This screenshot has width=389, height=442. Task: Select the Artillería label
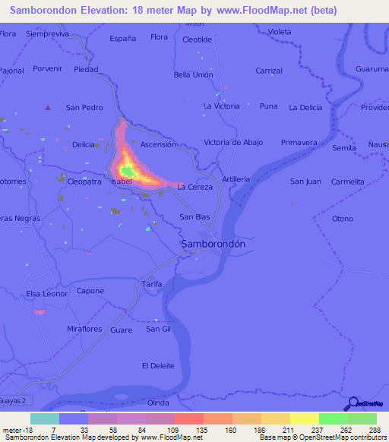pyautogui.click(x=236, y=178)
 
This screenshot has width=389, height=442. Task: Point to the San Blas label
pyautogui.click(x=194, y=217)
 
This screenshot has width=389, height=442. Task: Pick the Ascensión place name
pyautogui.click(x=158, y=144)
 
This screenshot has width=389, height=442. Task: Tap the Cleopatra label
pyautogui.click(x=84, y=182)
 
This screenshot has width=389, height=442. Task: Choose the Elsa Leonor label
pyautogui.click(x=47, y=294)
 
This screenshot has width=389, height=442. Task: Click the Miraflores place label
pyautogui.click(x=84, y=328)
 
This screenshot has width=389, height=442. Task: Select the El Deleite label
pyautogui.click(x=158, y=365)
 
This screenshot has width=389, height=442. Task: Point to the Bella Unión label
pyautogui.click(x=193, y=74)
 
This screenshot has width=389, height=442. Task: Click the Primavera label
pyautogui.click(x=299, y=142)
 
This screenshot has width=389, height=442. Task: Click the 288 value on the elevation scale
pyautogui.click(x=374, y=430)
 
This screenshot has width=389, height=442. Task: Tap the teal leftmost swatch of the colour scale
pyautogui.click(x=44, y=418)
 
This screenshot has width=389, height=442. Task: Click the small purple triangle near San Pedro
pyautogui.click(x=48, y=107)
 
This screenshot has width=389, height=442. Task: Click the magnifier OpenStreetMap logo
pyautogui.click(x=353, y=403)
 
